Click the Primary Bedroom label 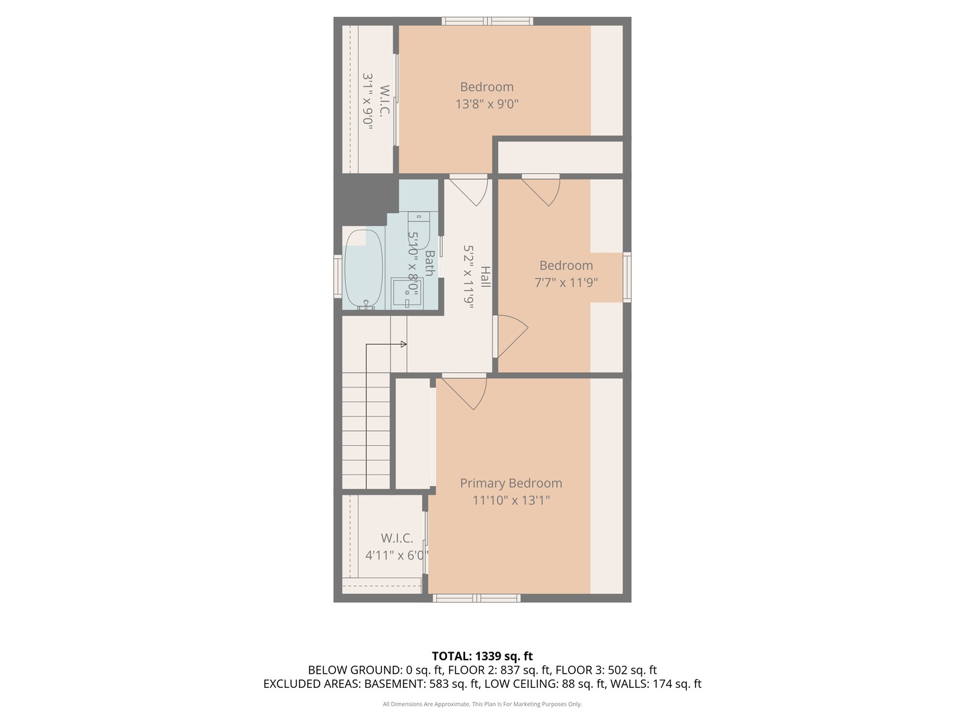click(511, 483)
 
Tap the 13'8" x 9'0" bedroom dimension click(487, 104)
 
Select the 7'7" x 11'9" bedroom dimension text click(566, 283)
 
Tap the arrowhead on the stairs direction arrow click(403, 345)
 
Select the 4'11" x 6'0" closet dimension click(396, 555)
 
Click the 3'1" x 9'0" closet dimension click(367, 101)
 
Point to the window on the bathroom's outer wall click(338, 276)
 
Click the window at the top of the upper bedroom click(487, 21)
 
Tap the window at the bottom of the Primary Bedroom click(476, 598)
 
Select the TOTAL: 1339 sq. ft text click(482, 656)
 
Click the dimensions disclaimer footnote click(482, 705)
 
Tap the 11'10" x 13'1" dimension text click(511, 500)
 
